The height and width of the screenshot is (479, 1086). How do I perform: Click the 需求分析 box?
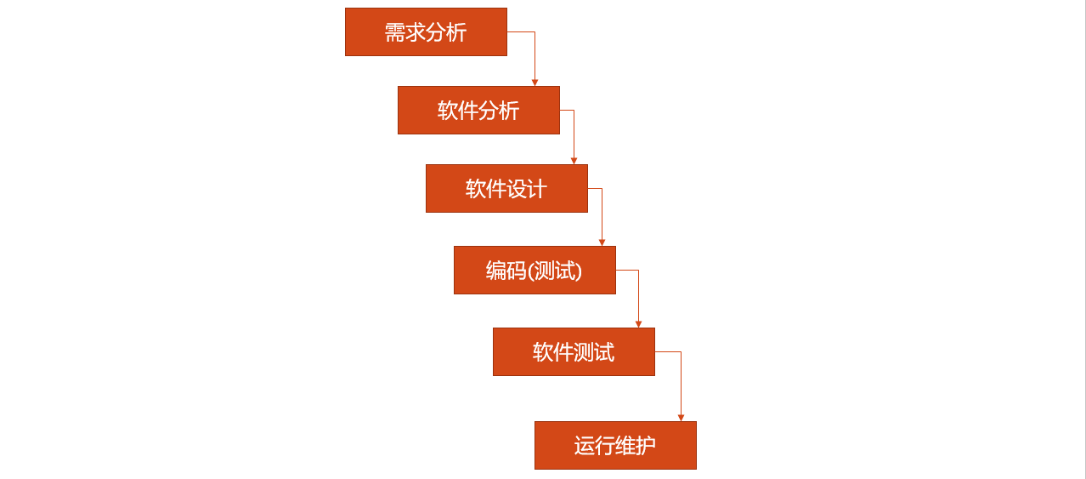(x=426, y=32)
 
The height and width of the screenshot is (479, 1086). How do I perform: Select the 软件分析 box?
(x=478, y=111)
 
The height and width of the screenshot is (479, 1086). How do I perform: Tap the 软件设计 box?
(x=506, y=189)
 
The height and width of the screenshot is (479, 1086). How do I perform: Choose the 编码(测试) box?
(x=535, y=271)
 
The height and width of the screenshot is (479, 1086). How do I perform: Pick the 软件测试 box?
(x=574, y=352)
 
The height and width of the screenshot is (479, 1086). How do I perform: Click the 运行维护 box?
(x=615, y=446)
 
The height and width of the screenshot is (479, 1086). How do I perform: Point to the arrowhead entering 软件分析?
(x=535, y=83)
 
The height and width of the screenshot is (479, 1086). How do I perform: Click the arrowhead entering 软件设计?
(x=574, y=161)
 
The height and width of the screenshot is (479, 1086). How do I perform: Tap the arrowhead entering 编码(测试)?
(x=602, y=242)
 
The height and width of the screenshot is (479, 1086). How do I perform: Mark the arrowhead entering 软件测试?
(x=638, y=324)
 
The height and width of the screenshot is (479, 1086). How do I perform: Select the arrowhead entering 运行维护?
(x=681, y=418)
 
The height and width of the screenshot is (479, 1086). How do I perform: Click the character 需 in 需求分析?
(x=395, y=32)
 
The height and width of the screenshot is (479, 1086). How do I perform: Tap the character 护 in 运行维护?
(x=646, y=446)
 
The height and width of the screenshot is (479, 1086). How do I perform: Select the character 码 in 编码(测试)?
(x=517, y=271)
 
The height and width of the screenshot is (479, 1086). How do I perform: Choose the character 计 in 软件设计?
(x=537, y=189)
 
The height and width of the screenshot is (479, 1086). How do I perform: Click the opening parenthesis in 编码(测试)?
(x=532, y=271)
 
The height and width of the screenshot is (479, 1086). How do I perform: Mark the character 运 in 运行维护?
(x=585, y=446)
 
